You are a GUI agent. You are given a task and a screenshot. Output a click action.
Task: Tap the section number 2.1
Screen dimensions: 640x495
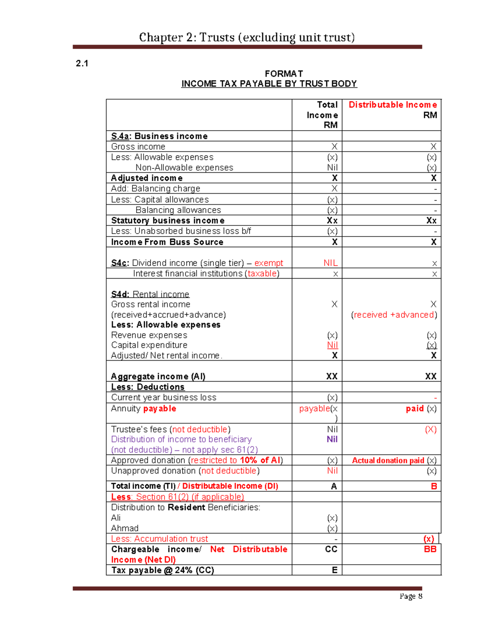point(82,63)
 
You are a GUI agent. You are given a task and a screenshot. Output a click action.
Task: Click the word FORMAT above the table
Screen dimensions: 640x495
point(284,74)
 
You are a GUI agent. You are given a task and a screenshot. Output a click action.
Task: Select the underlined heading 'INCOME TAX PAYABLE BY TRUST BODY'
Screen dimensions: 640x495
point(269,84)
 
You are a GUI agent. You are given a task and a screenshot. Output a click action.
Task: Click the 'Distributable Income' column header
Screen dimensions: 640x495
point(392,105)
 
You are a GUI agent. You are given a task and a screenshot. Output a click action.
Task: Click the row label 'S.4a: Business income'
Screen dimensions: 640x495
point(159,136)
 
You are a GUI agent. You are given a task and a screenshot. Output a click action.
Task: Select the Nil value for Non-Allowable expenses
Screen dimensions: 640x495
point(332,168)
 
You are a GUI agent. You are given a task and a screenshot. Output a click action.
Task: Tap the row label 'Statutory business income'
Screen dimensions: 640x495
point(168,220)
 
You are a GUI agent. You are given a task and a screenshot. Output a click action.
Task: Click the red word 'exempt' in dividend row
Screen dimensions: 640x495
point(269,263)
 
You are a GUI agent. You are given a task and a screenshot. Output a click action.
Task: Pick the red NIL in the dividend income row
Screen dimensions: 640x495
point(330,263)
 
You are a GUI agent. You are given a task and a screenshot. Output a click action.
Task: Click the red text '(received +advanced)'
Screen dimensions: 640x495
point(394,315)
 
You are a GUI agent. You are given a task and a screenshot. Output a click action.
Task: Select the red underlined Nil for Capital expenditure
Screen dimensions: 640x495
point(332,345)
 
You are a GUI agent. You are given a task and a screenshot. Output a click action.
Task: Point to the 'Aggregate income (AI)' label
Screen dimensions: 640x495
point(158,376)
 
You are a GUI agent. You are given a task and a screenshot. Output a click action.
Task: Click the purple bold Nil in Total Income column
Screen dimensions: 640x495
point(332,439)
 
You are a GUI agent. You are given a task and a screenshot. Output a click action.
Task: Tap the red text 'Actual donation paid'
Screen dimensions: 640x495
point(388,460)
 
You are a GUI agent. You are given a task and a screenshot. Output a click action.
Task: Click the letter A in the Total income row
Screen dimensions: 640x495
point(334,486)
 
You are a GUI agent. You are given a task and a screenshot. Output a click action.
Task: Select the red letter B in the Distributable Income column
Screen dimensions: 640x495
point(434,486)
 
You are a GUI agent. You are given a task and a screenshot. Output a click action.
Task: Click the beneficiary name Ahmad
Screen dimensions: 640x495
point(125,528)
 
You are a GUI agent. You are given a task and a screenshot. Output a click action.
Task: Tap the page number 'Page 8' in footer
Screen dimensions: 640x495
point(410,596)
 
